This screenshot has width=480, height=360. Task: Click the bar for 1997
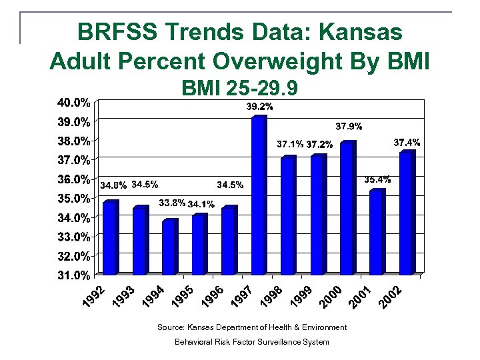click(x=259, y=195)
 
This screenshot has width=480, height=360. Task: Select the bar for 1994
click(x=169, y=247)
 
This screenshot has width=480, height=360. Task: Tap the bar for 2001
click(x=377, y=232)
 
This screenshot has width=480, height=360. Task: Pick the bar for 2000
click(x=347, y=208)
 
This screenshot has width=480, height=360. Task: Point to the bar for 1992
click(x=110, y=237)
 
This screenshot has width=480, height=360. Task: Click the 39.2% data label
click(x=259, y=107)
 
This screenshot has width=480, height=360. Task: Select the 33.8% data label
click(x=171, y=203)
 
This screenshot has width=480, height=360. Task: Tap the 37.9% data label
click(x=349, y=125)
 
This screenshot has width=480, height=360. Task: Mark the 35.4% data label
click(x=377, y=179)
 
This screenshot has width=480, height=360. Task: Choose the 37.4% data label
click(x=407, y=143)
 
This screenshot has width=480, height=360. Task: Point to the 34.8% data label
click(x=113, y=185)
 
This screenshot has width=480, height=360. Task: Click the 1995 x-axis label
click(x=181, y=297)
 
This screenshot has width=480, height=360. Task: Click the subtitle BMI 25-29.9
click(x=239, y=88)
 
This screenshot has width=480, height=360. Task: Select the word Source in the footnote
click(x=169, y=327)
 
